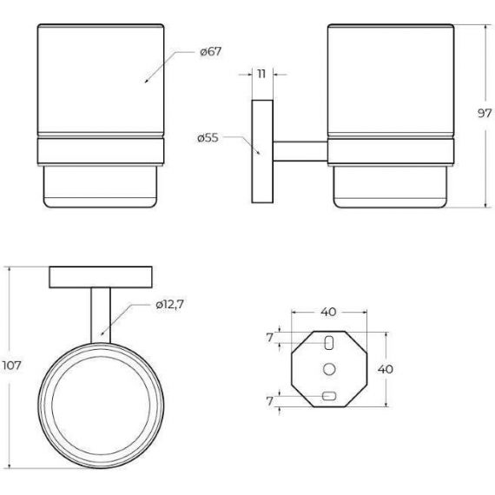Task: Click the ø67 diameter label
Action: pos(211,51)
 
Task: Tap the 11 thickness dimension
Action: pos(261,74)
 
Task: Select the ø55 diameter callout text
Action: pos(208,138)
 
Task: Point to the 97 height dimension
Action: pos(485,113)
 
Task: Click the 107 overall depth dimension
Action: pos(11,366)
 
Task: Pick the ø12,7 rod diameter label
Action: pos(170,305)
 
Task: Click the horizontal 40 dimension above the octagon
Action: pos(328,312)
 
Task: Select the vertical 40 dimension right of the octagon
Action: pos(386,369)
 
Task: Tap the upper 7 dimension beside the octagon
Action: pos(269,338)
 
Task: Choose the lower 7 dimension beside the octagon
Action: pos(269,401)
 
